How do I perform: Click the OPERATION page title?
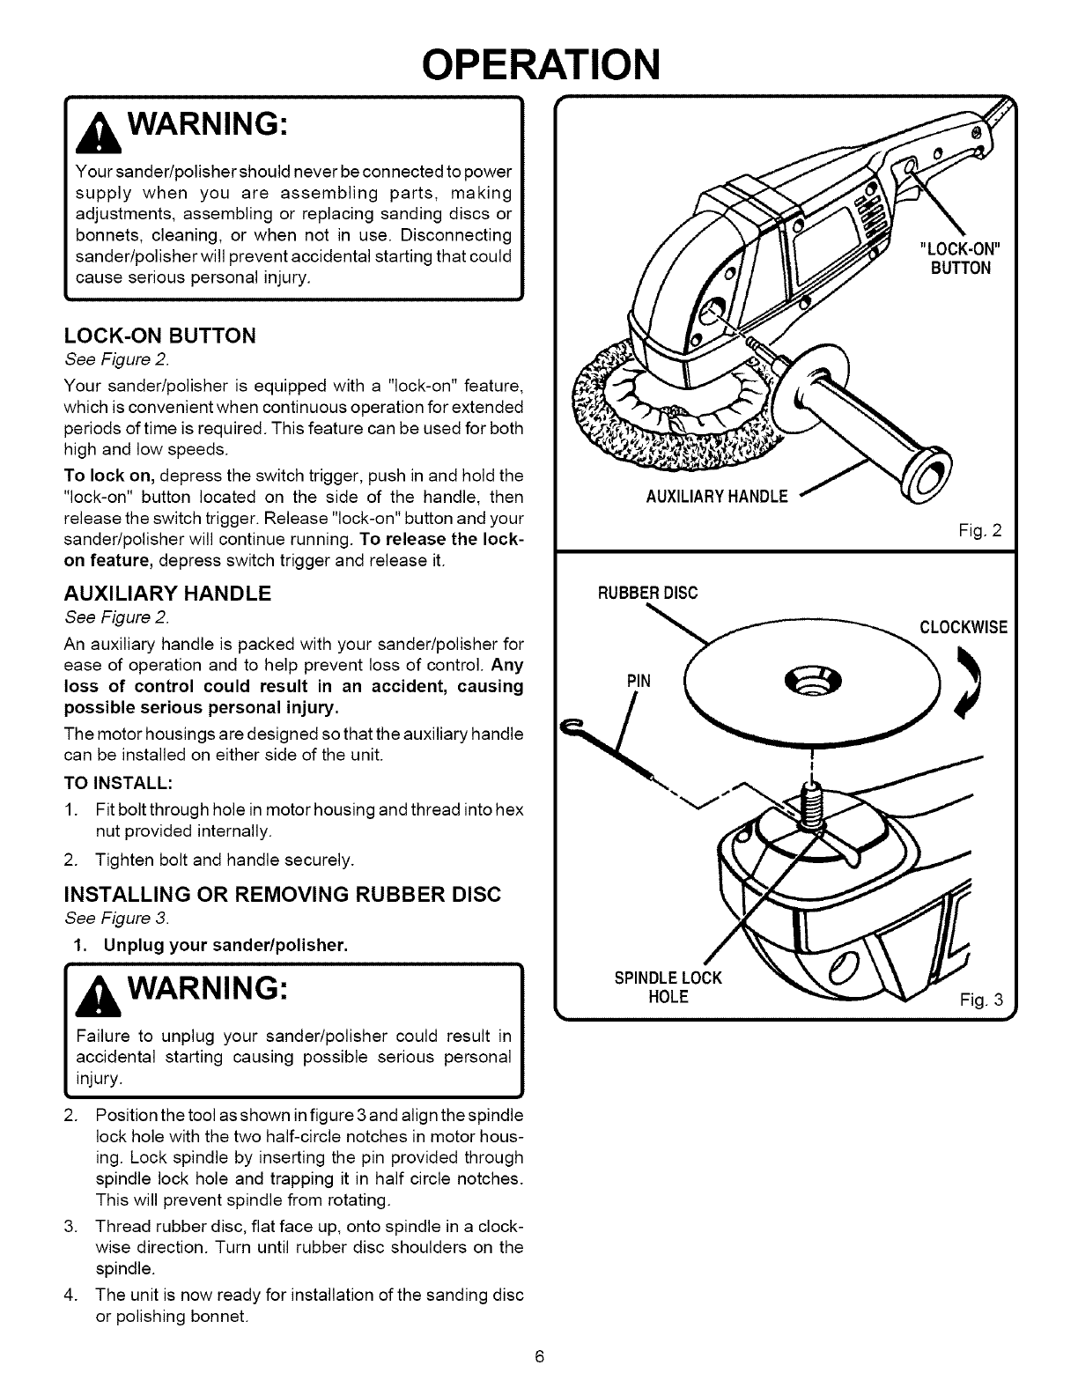click(x=540, y=63)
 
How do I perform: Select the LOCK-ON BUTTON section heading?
click(x=159, y=336)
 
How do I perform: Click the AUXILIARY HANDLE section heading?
click(x=167, y=593)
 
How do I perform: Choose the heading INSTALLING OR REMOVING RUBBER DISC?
click(x=283, y=895)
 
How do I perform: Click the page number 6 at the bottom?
click(x=539, y=1355)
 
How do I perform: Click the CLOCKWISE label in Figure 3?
click(x=963, y=628)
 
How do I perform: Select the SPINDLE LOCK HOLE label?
click(x=667, y=987)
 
